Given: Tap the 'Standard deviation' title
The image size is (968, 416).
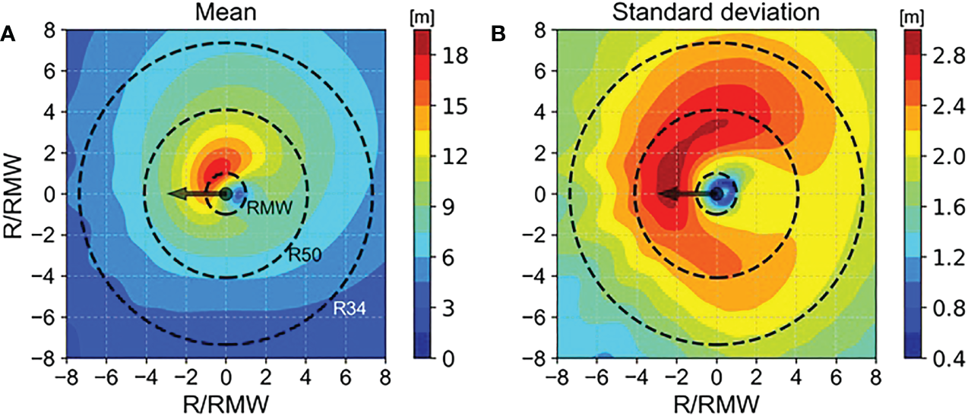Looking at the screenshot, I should [717, 12].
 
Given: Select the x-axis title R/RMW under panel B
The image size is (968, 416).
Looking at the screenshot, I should [717, 400].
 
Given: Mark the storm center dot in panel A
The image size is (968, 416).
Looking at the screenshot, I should [226, 194].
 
